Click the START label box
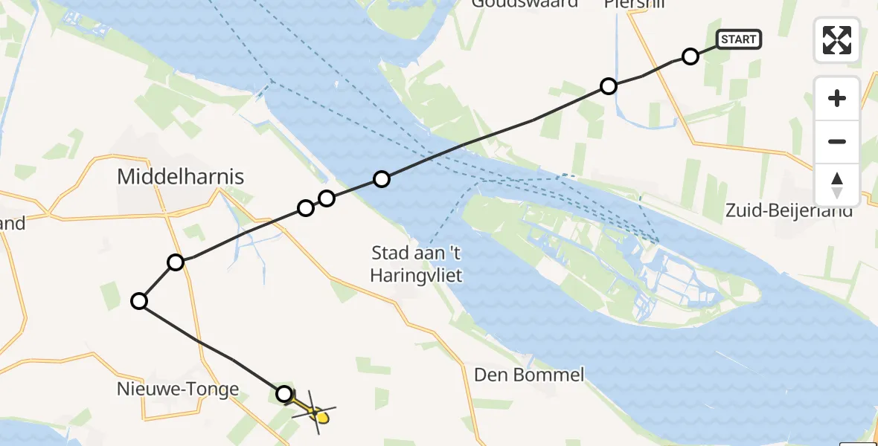pyautogui.click(x=738, y=39)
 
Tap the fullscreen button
pyautogui.click(x=837, y=40)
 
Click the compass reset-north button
pyautogui.click(x=837, y=185)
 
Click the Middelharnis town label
pyautogui.click(x=181, y=176)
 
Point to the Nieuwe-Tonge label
pyautogui.click(x=178, y=389)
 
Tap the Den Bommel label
pyautogui.click(x=530, y=374)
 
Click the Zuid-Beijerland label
pyautogui.click(x=789, y=211)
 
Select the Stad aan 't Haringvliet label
pyautogui.click(x=417, y=264)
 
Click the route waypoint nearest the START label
pyautogui.click(x=690, y=56)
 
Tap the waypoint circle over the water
pyautogui.click(x=382, y=179)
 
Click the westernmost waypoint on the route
pyautogui.click(x=139, y=301)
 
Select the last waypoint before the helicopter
pyautogui.click(x=284, y=394)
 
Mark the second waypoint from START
pyautogui.click(x=609, y=86)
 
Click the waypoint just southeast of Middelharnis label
pyautogui.click(x=176, y=262)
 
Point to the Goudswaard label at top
pyautogui.click(x=534, y=4)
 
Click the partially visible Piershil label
pyautogui.click(x=635, y=4)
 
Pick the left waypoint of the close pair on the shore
pyautogui.click(x=306, y=207)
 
